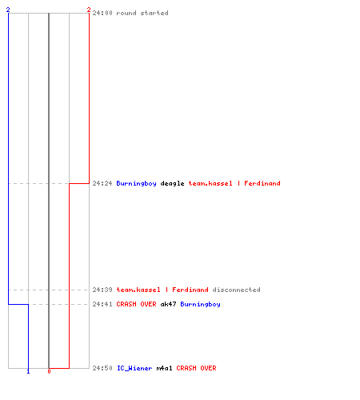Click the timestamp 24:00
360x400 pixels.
coord(102,13)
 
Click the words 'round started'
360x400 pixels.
coord(142,13)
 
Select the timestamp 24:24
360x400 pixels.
coord(102,183)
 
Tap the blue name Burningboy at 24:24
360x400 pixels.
coord(136,183)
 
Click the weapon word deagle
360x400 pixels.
coord(172,183)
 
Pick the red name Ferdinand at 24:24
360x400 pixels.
coord(262,183)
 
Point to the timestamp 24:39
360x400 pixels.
coord(102,290)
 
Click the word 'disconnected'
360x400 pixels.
coord(236,290)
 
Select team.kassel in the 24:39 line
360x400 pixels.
coord(138,290)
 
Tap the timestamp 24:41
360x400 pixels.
coord(102,304)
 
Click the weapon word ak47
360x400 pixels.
coord(168,304)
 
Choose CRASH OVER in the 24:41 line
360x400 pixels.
coord(136,304)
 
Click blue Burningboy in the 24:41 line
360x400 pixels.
coord(200,304)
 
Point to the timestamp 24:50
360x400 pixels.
coord(102,368)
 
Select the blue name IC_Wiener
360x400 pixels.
coord(134,368)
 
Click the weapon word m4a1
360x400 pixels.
coord(164,368)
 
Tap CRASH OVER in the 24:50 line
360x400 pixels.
coord(196,368)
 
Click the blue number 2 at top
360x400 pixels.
coord(8,10)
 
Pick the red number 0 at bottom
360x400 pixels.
coord(49,371)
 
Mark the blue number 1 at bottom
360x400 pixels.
coord(28,371)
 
